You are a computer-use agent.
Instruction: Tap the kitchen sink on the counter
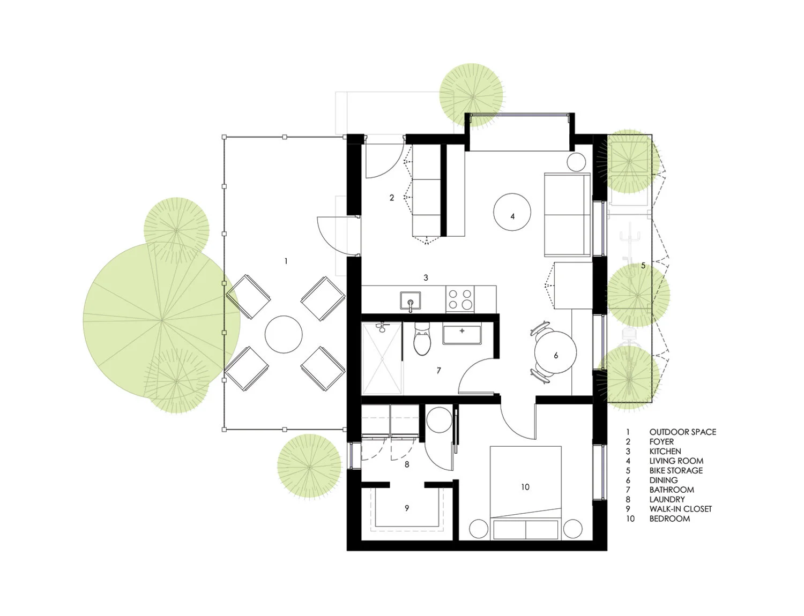(x=410, y=301)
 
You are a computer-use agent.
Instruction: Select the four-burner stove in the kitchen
(x=460, y=299)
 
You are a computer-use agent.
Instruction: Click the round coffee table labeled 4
(x=512, y=212)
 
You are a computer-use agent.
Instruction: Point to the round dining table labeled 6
(x=556, y=355)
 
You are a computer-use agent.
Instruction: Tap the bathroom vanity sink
(x=462, y=334)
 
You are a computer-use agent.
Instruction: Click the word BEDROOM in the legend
(x=669, y=519)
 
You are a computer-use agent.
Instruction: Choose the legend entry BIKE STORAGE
(x=676, y=470)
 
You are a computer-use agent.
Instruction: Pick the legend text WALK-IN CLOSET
(x=680, y=509)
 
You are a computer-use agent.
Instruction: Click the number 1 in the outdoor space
(x=286, y=261)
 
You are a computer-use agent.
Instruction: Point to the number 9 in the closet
(x=407, y=508)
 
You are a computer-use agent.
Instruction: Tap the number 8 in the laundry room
(x=407, y=464)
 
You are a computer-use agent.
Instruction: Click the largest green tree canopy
(x=161, y=321)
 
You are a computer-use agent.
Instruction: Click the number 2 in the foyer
(x=392, y=198)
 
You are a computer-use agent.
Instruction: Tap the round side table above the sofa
(x=577, y=162)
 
